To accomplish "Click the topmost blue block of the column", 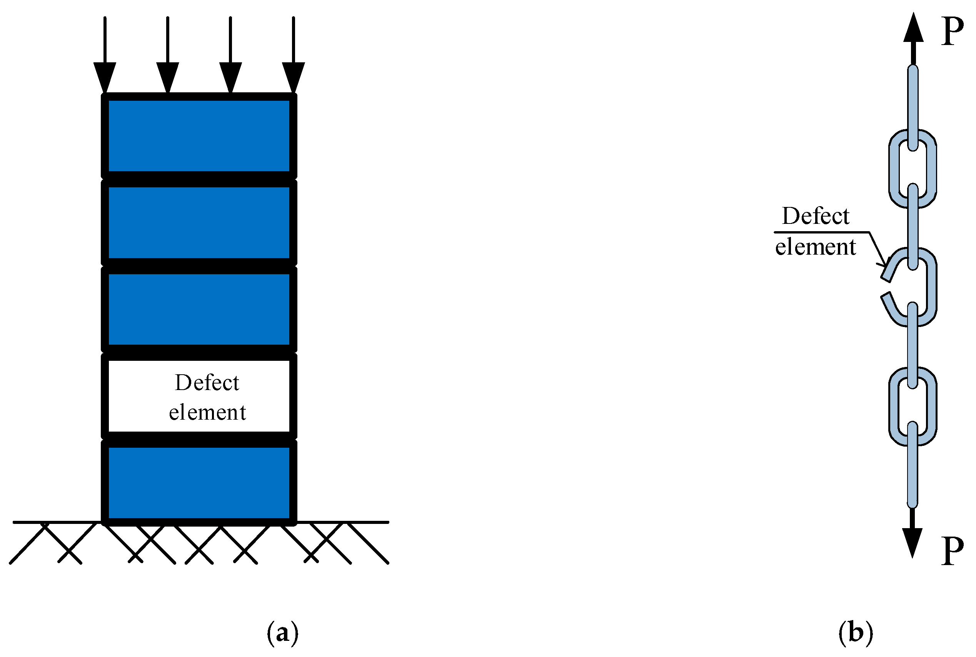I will tap(199, 136).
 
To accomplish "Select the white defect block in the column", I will tap(199, 396).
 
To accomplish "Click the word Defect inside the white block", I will tap(207, 382).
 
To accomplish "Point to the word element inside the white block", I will tap(207, 412).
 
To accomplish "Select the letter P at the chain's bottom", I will tap(952, 550).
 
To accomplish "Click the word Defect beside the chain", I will tap(816, 216).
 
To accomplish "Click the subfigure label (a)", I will tap(282, 633).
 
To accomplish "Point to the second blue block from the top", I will tap(199, 222).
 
